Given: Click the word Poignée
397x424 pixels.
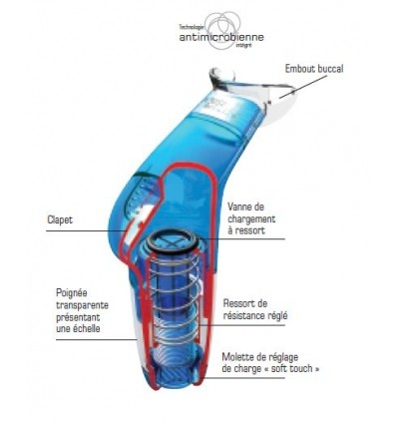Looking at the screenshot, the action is coord(72,293).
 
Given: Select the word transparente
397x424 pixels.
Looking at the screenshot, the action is coord(81,305).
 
